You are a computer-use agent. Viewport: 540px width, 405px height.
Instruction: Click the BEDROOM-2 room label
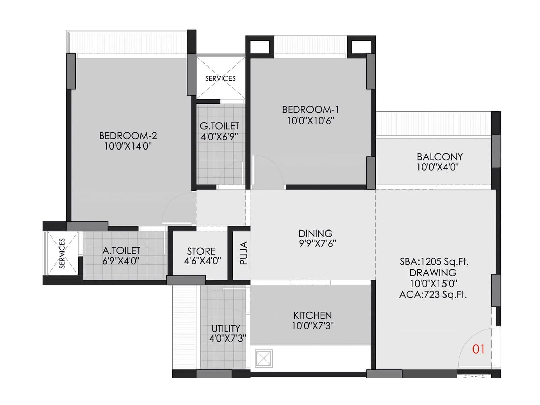(x=128, y=136)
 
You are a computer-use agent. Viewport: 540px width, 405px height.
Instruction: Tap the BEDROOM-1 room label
(x=310, y=110)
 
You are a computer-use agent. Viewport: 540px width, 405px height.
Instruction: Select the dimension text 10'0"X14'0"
(x=128, y=146)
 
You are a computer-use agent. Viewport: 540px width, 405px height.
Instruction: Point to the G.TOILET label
(x=219, y=126)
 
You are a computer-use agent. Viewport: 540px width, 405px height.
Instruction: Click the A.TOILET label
(x=121, y=250)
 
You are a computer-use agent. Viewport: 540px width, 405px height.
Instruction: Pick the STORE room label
(x=201, y=251)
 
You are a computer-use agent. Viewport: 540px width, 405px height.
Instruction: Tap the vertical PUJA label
(x=244, y=253)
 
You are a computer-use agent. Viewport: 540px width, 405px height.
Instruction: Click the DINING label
(x=316, y=233)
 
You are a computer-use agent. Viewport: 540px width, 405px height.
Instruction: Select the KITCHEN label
(x=313, y=315)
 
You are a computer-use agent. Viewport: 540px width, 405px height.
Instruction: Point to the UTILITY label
(x=226, y=328)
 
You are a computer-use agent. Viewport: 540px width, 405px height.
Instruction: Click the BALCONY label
(x=440, y=157)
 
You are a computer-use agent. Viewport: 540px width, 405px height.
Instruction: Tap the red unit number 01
(x=478, y=349)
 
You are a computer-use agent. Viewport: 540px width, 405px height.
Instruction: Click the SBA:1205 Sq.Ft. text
(x=434, y=262)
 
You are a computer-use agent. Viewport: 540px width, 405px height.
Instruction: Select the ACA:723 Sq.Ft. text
(x=433, y=295)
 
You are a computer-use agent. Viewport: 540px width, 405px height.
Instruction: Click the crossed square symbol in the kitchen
(x=264, y=358)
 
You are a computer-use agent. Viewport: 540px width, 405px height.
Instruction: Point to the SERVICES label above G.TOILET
(x=220, y=78)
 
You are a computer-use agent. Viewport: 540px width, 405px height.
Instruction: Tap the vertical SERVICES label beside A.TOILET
(x=62, y=253)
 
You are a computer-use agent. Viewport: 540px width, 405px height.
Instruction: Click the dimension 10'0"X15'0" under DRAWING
(x=433, y=283)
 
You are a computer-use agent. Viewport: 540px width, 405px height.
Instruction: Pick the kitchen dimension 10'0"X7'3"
(x=313, y=326)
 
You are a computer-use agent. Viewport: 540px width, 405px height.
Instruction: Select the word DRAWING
(x=433, y=273)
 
